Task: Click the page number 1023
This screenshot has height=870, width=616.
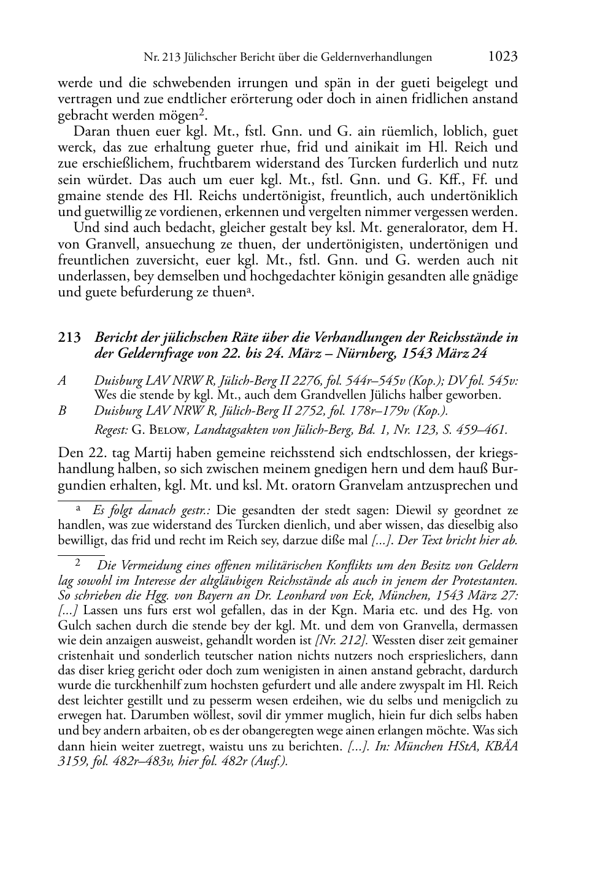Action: pyautogui.click(x=503, y=56)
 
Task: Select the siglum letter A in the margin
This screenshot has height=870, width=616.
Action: pyautogui.click(x=62, y=381)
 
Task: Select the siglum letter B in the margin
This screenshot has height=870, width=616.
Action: pyautogui.click(x=62, y=410)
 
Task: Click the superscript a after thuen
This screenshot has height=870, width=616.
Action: pyautogui.click(x=248, y=289)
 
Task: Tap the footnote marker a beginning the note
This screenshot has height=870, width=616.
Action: pyautogui.click(x=79, y=509)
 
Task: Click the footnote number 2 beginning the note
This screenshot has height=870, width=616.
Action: pyautogui.click(x=78, y=563)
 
